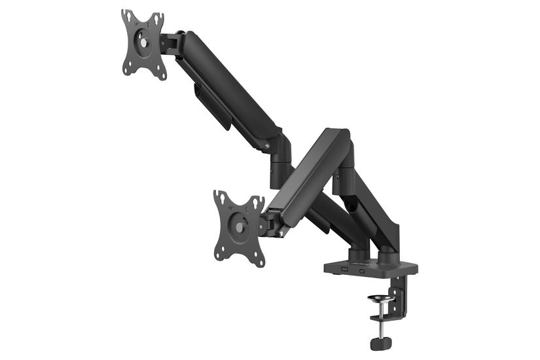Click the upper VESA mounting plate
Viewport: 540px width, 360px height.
click(x=143, y=45)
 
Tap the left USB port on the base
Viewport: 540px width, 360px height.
click(x=342, y=269)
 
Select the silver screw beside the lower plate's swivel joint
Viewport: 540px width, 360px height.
click(x=282, y=230)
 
